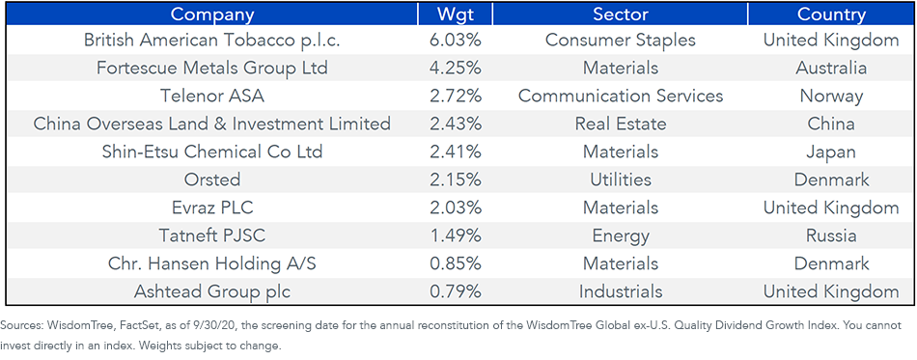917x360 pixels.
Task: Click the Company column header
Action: coord(212,14)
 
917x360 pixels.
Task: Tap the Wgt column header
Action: coord(455,14)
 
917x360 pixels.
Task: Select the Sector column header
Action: coord(620,14)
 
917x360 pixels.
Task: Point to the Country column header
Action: coord(831,14)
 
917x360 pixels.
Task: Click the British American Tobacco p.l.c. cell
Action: coord(211,40)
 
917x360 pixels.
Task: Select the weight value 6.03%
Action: coord(455,40)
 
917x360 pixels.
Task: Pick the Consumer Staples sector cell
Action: coord(620,40)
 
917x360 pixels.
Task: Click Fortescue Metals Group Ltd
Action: coord(211,68)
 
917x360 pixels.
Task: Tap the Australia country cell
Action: coord(831,68)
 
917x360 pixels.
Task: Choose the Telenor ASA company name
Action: coord(211,96)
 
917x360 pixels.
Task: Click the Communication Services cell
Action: coord(620,96)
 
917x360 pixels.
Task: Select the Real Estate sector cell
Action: coord(620,124)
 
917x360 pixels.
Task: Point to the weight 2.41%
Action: coord(455,152)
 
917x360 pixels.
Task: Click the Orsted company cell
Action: coord(211,180)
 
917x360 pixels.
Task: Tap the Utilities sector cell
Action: coord(620,180)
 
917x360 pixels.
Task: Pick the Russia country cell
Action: coord(831,235)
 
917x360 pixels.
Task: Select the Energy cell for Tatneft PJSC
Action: coord(620,236)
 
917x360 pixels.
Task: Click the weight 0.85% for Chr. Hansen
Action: coord(455,263)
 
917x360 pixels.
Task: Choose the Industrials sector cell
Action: coord(620,291)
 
